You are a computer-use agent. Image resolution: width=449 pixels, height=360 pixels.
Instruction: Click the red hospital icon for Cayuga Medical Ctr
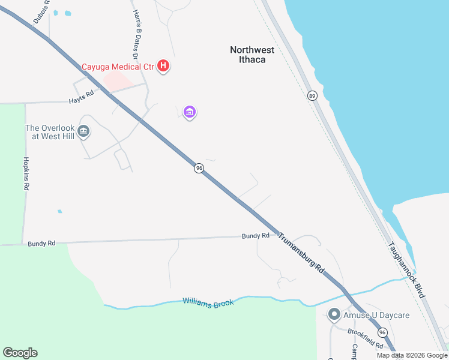pyautogui.click(x=163, y=66)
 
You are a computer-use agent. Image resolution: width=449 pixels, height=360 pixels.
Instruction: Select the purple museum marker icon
pyautogui.click(x=190, y=112)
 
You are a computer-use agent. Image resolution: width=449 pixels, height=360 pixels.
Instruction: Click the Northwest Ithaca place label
pyautogui.click(x=252, y=55)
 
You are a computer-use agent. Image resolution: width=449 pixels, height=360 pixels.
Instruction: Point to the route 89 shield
pyautogui.click(x=312, y=95)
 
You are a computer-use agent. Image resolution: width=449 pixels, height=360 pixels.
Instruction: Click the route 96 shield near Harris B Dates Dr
pyautogui.click(x=199, y=169)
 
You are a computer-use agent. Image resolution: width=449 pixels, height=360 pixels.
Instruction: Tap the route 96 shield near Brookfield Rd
pyautogui.click(x=382, y=332)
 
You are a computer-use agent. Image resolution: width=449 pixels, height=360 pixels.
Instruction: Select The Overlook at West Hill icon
pyautogui.click(x=83, y=131)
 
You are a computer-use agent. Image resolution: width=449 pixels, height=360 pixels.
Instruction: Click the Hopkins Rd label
pyautogui.click(x=26, y=174)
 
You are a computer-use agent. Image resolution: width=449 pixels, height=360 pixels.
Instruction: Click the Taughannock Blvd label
pyautogui.click(x=406, y=270)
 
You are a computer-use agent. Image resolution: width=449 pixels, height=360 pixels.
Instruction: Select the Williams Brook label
pyautogui.click(x=208, y=303)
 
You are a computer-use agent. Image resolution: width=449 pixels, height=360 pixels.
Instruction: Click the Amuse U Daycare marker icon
pyautogui.click(x=334, y=314)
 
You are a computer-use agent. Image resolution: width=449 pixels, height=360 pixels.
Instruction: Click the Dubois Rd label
pyautogui.click(x=42, y=11)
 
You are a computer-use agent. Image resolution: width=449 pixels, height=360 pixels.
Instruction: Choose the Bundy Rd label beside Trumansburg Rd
pyautogui.click(x=255, y=236)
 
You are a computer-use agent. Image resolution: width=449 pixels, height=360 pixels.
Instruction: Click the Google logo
pyautogui.click(x=20, y=353)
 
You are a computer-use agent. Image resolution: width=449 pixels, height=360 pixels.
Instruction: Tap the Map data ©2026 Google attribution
pyautogui.click(x=412, y=355)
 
